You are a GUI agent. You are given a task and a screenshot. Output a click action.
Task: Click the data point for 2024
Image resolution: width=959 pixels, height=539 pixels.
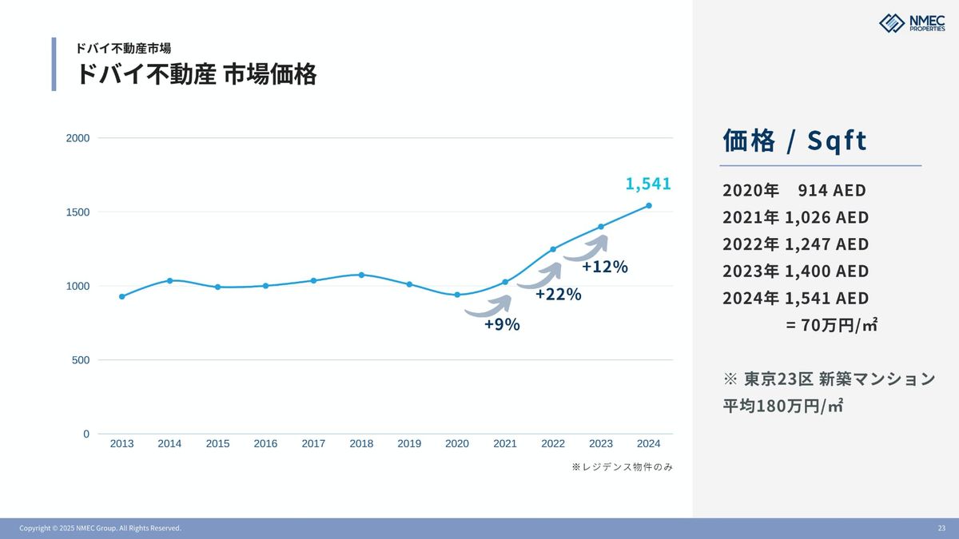(649, 206)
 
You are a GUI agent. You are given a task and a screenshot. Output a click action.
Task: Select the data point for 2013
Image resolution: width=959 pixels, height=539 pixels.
(121, 296)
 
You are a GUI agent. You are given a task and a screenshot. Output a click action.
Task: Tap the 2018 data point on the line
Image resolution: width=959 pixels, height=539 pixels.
(361, 275)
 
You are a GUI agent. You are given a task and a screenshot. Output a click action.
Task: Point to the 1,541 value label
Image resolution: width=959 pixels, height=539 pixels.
(648, 184)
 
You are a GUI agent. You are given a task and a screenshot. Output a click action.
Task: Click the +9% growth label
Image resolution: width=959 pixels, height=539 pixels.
(502, 324)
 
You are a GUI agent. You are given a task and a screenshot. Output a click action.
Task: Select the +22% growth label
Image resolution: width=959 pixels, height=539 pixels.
(558, 295)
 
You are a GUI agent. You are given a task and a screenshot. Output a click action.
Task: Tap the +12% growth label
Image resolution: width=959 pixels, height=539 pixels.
(604, 267)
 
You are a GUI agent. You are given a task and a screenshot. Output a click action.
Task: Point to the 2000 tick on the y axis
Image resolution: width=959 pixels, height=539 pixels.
(78, 138)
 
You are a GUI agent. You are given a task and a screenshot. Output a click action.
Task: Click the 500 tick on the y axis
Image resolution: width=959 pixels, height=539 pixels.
(81, 360)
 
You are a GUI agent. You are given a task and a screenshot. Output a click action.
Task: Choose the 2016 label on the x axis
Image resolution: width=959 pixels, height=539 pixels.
(265, 444)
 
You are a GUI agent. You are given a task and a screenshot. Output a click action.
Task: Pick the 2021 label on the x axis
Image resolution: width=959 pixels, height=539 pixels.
(505, 444)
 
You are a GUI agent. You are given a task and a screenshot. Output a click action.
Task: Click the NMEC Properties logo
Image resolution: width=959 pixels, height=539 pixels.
(911, 23)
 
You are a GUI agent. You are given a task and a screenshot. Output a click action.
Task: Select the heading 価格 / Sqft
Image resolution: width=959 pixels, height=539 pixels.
(794, 141)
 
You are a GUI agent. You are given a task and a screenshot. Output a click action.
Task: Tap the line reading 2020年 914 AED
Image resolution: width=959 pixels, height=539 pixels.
(794, 191)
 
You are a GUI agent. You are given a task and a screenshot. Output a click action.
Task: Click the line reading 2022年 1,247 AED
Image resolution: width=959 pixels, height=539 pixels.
(795, 244)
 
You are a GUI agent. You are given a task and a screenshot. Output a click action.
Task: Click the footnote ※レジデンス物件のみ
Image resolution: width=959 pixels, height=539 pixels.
(622, 467)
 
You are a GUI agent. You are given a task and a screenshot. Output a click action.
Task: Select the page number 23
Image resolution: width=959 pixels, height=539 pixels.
(941, 529)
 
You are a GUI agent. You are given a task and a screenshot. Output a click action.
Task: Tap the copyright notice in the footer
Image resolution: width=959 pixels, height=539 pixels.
(100, 529)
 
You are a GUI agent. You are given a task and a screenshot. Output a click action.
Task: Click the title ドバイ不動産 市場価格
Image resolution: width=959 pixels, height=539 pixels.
(196, 74)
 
